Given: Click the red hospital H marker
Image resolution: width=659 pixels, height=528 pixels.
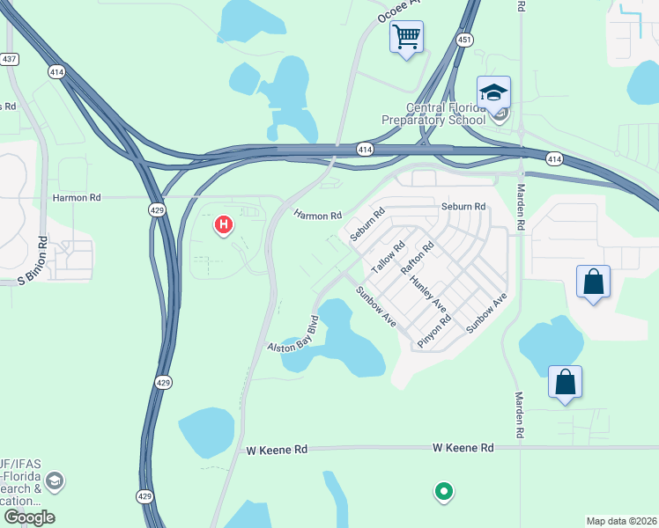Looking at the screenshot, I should pyautogui.click(x=224, y=225).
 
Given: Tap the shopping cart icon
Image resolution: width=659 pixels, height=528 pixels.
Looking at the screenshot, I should pyautogui.click(x=406, y=37).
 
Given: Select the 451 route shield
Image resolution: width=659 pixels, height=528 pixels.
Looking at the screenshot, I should pyautogui.click(x=465, y=40).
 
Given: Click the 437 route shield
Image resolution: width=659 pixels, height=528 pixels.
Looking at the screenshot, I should pyautogui.click(x=10, y=60).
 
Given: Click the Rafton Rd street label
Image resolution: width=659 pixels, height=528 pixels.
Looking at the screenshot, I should pyautogui.click(x=418, y=259).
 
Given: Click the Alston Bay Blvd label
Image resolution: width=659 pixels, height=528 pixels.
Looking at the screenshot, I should pyautogui.click(x=292, y=334).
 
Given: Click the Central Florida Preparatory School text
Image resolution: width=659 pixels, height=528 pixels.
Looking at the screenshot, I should pyautogui.click(x=433, y=114).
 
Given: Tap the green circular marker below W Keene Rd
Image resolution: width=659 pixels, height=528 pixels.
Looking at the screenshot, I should pyautogui.click(x=444, y=491).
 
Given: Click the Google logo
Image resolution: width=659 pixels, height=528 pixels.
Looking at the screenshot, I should pyautogui.click(x=28, y=517).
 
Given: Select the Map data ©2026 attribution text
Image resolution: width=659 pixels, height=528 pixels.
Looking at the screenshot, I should pyautogui.click(x=620, y=521).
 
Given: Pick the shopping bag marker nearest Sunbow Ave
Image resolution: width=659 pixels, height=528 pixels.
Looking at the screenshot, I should pyautogui.click(x=594, y=282).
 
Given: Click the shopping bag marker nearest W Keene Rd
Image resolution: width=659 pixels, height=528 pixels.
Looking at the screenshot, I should pyautogui.click(x=565, y=383).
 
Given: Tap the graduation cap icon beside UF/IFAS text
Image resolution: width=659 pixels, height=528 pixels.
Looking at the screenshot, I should pyautogui.click(x=55, y=480).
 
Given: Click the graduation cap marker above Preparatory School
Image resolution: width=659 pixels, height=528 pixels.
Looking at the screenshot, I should pyautogui.click(x=493, y=92).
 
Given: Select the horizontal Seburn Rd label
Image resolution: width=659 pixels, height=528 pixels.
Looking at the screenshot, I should pyautogui.click(x=463, y=207).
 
